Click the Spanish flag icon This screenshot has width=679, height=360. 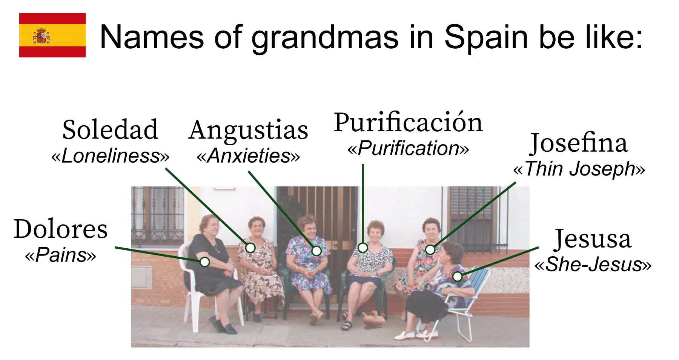[52, 35]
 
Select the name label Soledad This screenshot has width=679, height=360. [110, 129]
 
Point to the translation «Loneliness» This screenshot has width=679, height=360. [110, 155]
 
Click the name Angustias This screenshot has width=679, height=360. [248, 130]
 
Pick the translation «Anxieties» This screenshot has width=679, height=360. [248, 155]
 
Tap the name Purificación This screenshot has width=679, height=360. [408, 123]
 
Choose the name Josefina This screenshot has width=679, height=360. [579, 143]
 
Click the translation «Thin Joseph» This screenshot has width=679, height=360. [579, 169]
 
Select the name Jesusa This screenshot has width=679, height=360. [593, 239]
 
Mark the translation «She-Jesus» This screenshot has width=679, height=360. [593, 264]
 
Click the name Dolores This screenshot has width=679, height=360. [61, 229]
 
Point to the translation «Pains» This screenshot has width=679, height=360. [61, 255]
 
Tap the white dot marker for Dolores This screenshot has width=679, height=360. [204, 262]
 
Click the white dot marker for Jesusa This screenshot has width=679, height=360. [458, 277]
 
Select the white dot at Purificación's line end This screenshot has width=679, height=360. [363, 248]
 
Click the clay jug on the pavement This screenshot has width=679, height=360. [373, 319]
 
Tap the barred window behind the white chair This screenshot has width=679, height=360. [158, 216]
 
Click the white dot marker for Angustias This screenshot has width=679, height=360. [316, 251]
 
